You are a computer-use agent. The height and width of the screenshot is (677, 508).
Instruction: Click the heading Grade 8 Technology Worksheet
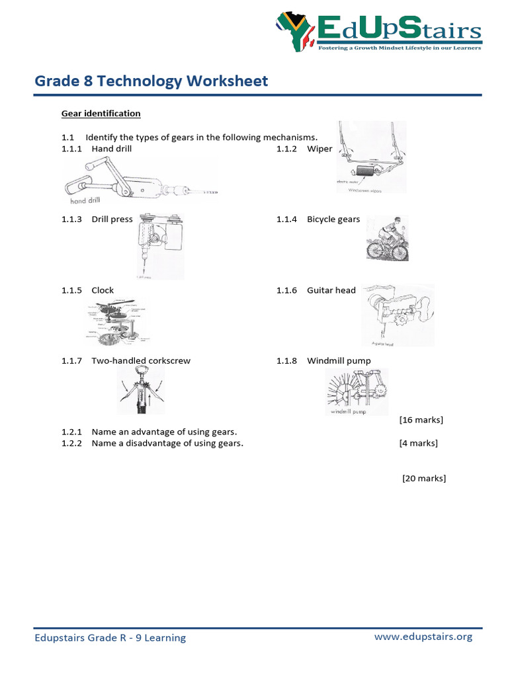(x=151, y=81)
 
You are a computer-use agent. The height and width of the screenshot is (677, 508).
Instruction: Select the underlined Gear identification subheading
(x=101, y=114)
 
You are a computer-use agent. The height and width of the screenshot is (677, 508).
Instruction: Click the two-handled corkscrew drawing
(x=141, y=390)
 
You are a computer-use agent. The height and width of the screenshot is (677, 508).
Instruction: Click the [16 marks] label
(x=421, y=420)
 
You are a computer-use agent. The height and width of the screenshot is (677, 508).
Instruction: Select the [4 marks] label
(x=418, y=443)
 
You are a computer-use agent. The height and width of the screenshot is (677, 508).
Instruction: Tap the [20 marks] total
(x=424, y=478)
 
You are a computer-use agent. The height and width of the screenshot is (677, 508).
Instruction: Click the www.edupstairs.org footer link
(x=423, y=637)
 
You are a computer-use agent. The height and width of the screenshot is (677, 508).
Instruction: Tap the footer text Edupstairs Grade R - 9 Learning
(x=110, y=637)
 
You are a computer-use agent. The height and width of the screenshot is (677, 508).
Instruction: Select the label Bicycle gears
(x=333, y=219)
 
